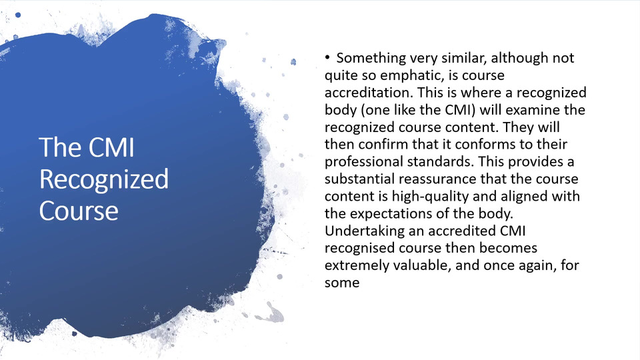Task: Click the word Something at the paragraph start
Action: click(x=371, y=59)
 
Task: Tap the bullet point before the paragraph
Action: click(x=327, y=57)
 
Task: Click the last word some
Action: click(x=342, y=283)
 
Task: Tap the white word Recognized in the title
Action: click(x=104, y=179)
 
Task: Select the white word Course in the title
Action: click(x=79, y=211)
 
